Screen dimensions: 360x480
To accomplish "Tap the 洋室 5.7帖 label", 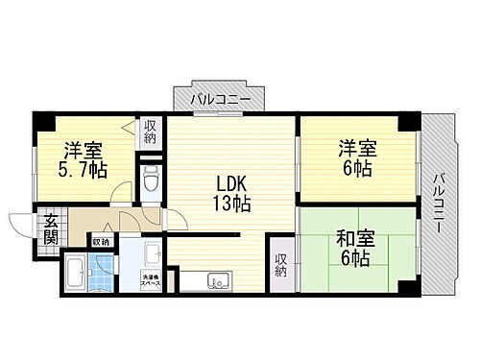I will coord(84,158).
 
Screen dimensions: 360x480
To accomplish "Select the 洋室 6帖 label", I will coord(356,158).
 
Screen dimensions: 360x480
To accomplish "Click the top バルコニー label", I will coord(220,99).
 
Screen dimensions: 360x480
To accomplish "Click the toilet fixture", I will coord(151,179).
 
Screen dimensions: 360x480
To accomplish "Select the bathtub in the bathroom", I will coord(76,275).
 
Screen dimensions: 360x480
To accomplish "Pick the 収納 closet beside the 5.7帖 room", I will coord(151,132).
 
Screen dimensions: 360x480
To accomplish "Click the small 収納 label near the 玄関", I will coord(102,241).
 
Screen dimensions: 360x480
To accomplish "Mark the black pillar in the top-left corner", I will coord(40,120).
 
